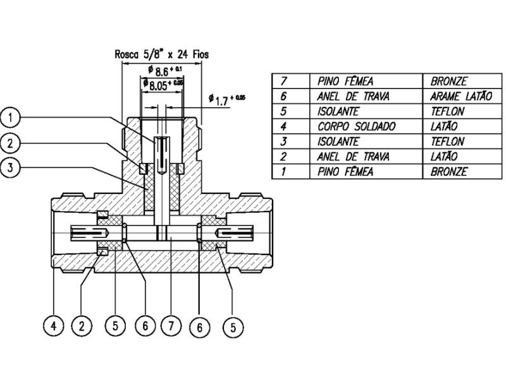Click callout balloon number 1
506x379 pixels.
coord(11,117)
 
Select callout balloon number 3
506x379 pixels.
coord(11,169)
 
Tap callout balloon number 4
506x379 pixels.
coord(54,327)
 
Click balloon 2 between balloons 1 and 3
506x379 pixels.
coord(11,143)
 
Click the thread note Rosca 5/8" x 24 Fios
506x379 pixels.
coord(161,55)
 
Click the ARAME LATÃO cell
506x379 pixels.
coord(460,97)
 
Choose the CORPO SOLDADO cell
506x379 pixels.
coord(356,126)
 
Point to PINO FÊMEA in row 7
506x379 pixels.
coord(345,81)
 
